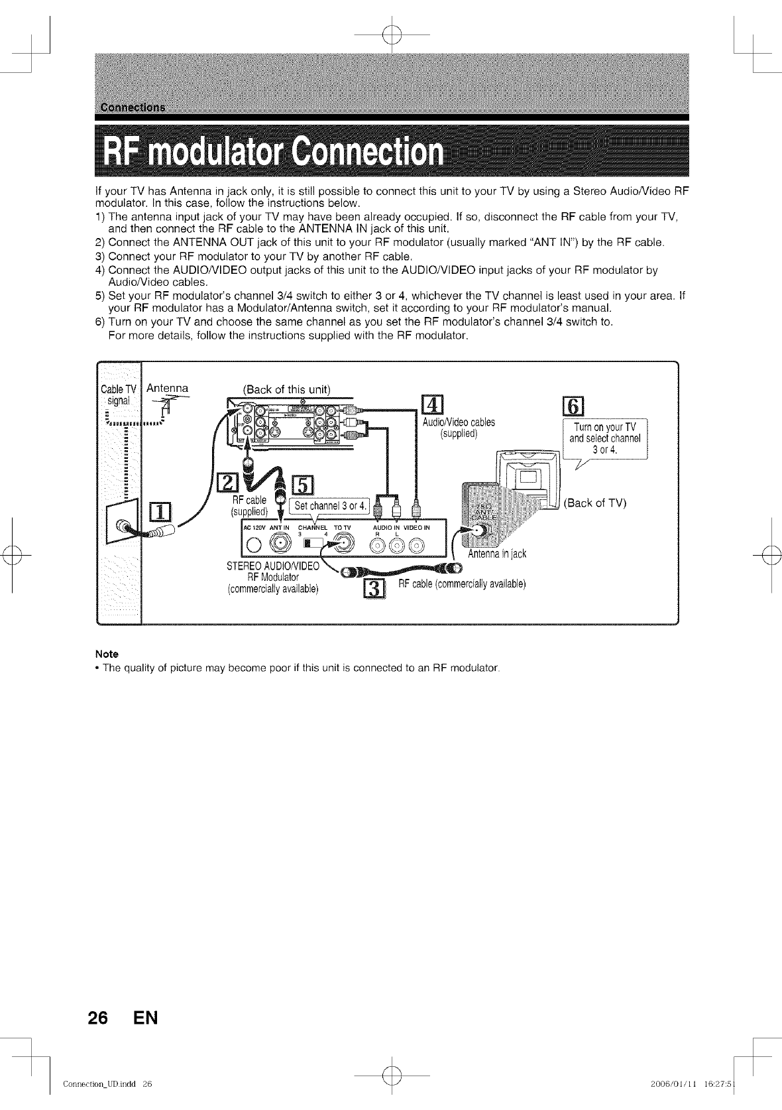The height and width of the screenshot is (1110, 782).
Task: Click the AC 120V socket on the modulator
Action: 253,545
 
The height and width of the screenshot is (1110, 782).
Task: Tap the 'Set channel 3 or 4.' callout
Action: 330,507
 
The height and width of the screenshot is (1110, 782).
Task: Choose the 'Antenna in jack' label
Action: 496,554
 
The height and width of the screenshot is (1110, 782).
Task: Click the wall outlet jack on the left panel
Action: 123,528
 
